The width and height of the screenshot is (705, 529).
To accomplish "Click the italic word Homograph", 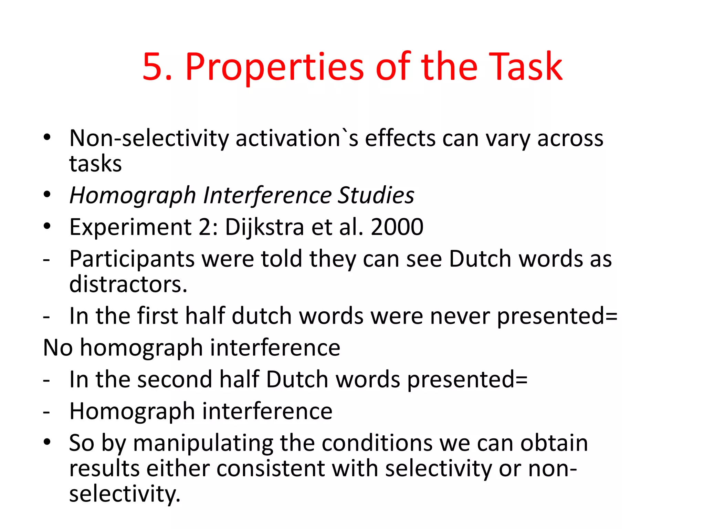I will tap(133, 195).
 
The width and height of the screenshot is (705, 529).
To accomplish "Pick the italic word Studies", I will tap(376, 195).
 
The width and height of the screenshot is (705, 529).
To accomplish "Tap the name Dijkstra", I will tap(264, 227).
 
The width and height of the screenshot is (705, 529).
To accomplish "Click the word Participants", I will tap(132, 259).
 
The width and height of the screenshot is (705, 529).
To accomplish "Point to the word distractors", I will tap(128, 284).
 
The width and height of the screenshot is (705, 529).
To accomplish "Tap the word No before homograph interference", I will tap(58, 348).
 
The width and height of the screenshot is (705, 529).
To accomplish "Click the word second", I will tap(175, 380).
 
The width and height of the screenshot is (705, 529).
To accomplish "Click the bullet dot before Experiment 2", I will tap(47, 227).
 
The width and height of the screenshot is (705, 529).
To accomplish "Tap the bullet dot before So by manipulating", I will tap(47, 442).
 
